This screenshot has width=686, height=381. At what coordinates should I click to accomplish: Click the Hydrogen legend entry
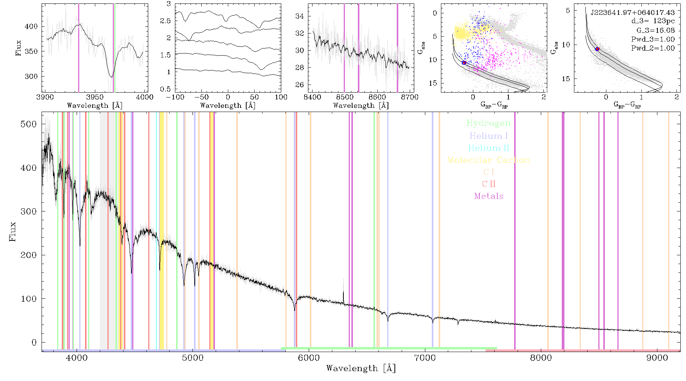(488, 123)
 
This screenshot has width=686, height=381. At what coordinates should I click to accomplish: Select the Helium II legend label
(489, 148)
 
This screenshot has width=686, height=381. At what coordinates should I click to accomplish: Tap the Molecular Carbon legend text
(489, 160)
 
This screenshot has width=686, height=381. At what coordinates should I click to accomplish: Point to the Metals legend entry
(489, 196)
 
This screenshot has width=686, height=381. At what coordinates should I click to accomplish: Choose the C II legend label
(489, 184)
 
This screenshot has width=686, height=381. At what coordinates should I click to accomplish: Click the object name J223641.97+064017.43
(633, 13)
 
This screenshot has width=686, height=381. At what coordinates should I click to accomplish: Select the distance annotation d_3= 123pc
(653, 21)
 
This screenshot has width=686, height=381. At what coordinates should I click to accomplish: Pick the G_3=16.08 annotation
(656, 30)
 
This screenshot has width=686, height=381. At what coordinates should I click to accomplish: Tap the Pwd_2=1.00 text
(653, 48)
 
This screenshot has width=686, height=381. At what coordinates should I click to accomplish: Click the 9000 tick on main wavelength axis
(657, 358)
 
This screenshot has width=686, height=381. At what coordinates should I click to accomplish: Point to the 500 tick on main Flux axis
(29, 124)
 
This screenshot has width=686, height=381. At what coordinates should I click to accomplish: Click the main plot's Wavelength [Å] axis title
(361, 368)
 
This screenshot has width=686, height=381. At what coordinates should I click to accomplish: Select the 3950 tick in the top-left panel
(95, 97)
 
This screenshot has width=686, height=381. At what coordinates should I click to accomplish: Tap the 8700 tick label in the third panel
(410, 97)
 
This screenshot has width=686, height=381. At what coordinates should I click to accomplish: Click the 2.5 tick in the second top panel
(165, 21)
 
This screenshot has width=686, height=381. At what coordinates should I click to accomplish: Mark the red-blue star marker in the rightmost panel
(597, 49)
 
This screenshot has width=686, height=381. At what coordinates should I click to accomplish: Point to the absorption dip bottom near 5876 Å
(295, 309)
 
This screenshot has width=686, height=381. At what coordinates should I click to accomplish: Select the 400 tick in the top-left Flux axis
(31, 26)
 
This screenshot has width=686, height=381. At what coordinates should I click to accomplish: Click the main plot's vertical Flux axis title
(13, 231)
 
